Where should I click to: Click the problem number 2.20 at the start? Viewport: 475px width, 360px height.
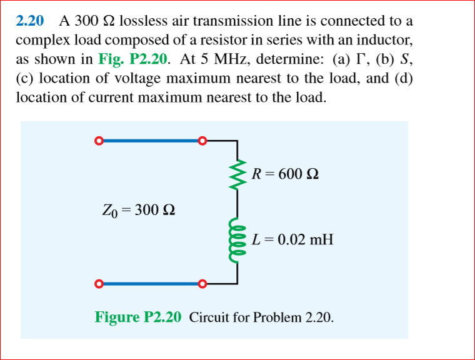(x=29, y=21)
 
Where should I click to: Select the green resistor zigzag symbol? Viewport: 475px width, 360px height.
(x=237, y=172)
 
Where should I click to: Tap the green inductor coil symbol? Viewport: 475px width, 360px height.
(x=237, y=238)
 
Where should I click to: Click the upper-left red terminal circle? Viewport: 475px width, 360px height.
(x=97, y=141)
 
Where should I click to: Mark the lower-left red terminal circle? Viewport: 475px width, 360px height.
(x=97, y=285)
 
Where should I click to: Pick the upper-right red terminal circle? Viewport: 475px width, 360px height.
(x=201, y=141)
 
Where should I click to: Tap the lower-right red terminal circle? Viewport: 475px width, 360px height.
(x=201, y=285)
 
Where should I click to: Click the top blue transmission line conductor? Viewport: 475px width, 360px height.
(x=149, y=141)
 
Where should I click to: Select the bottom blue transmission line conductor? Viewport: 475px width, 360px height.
(x=149, y=285)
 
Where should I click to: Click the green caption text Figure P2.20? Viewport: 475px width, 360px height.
(x=138, y=317)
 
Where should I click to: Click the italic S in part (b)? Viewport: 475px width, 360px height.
(x=407, y=59)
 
